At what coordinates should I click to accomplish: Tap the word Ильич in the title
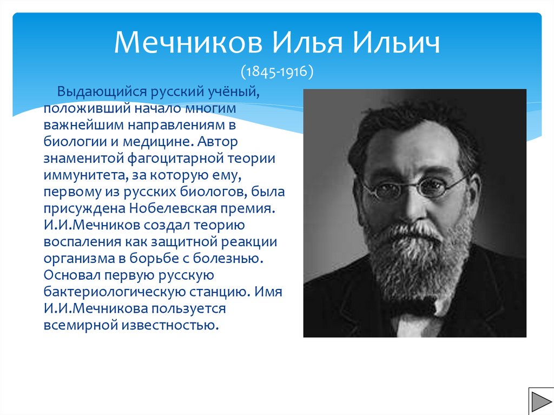397,43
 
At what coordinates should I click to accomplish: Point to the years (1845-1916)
277,71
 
